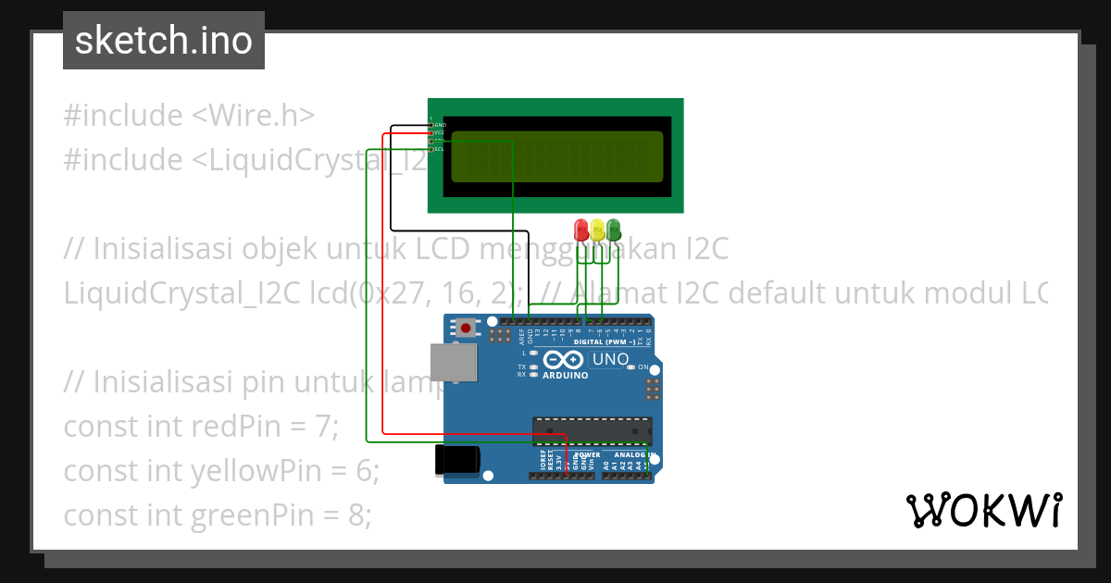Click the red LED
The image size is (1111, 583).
coord(581,229)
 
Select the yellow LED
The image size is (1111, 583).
coord(597,229)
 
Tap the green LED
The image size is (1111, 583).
coord(613,229)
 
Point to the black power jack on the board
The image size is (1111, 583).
coord(458,460)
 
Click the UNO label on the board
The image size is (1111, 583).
coord(610,359)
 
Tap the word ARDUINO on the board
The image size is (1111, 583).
coord(565,376)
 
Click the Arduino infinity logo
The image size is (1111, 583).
coord(564,360)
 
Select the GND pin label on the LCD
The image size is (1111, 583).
coord(440,124)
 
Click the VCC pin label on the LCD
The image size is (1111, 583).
coord(440,132)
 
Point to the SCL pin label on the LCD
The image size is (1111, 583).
coord(440,149)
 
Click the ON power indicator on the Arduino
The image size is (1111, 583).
coord(643,367)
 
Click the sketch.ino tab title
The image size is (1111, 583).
coord(164,41)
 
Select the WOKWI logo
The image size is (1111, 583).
coord(983,510)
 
